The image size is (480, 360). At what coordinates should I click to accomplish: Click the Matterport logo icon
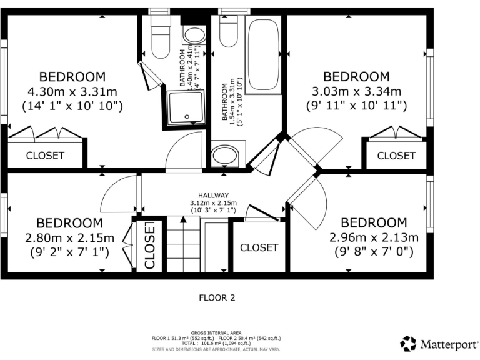[408, 342]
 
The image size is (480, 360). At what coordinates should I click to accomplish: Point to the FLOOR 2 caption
[217, 297]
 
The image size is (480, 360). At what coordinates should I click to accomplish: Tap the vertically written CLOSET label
[150, 245]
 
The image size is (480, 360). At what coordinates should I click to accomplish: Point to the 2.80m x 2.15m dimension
[69, 237]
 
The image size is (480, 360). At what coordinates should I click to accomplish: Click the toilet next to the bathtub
[229, 32]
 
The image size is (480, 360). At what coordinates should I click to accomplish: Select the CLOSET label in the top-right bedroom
[396, 156]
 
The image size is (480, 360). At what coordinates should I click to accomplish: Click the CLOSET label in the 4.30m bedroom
[44, 156]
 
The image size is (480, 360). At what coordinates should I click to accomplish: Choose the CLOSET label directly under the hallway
[259, 247]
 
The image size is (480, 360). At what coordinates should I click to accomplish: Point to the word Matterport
[446, 343]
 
